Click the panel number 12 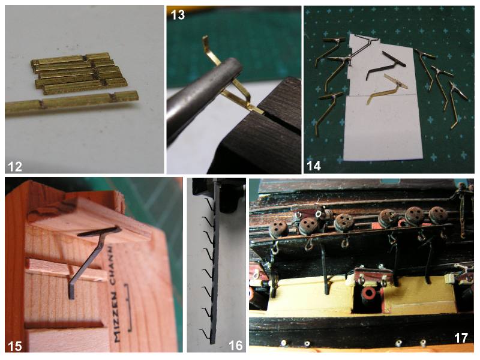pyautogui.click(x=14, y=166)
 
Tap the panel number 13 pyautogui.click(x=178, y=14)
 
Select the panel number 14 pyautogui.click(x=313, y=166)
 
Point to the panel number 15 pyautogui.click(x=14, y=346)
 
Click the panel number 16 pyautogui.click(x=236, y=346)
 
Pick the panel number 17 pyautogui.click(x=461, y=338)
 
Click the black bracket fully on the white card pyautogui.click(x=386, y=65)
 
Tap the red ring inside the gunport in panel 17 pyautogui.click(x=368, y=294)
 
